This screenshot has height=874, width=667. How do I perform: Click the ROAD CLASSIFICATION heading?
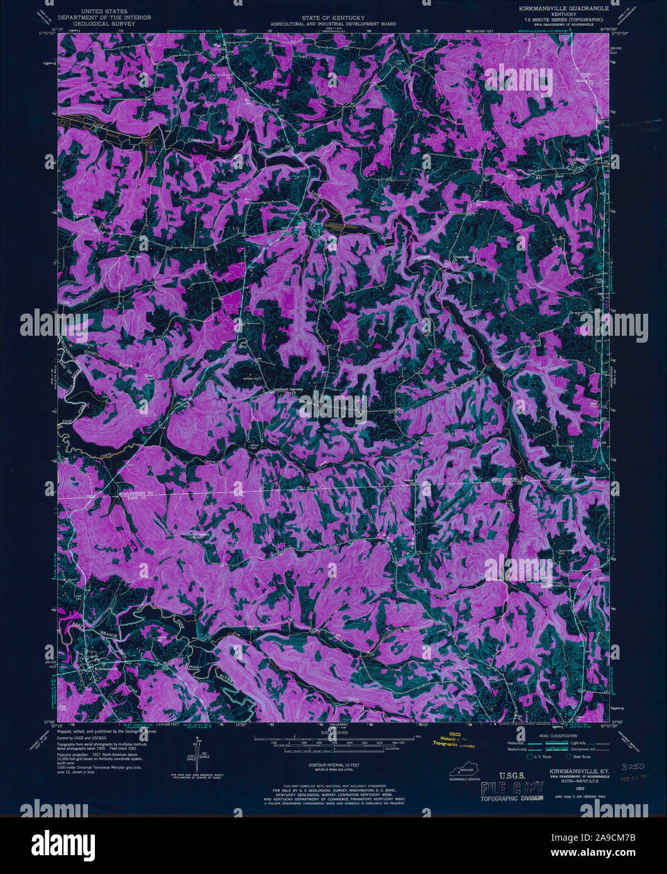tap(560, 735)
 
